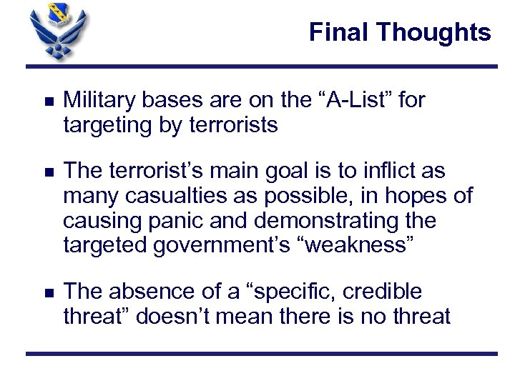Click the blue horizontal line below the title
[x=261, y=66]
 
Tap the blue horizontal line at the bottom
[x=261, y=353]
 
